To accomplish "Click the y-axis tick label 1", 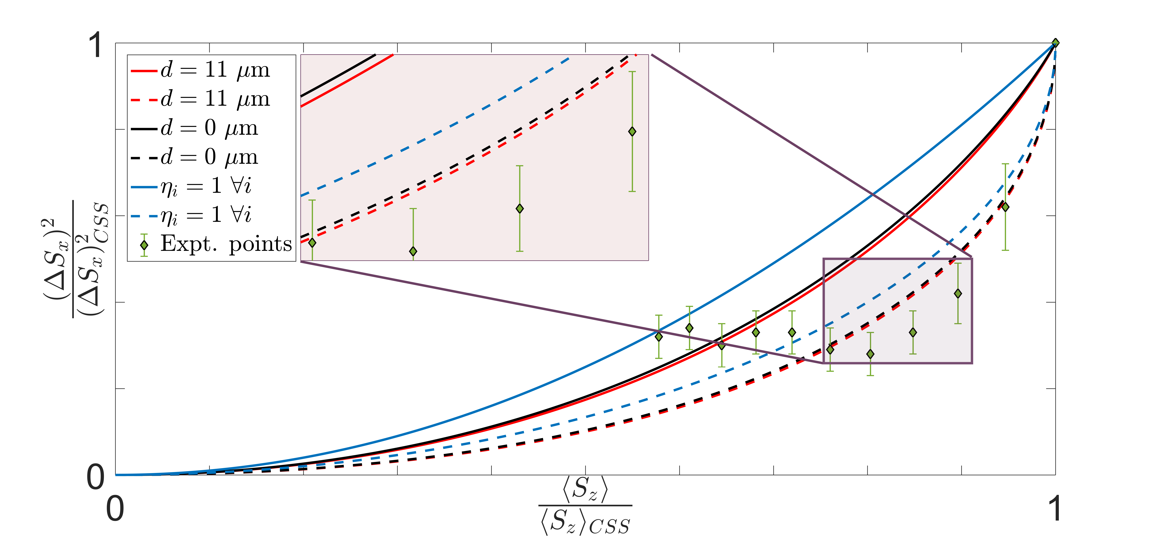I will [x=95, y=45].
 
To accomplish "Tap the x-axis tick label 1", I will [x=1055, y=509].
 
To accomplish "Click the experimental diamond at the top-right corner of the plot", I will [x=1055, y=43].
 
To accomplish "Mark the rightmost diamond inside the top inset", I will [x=632, y=132].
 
